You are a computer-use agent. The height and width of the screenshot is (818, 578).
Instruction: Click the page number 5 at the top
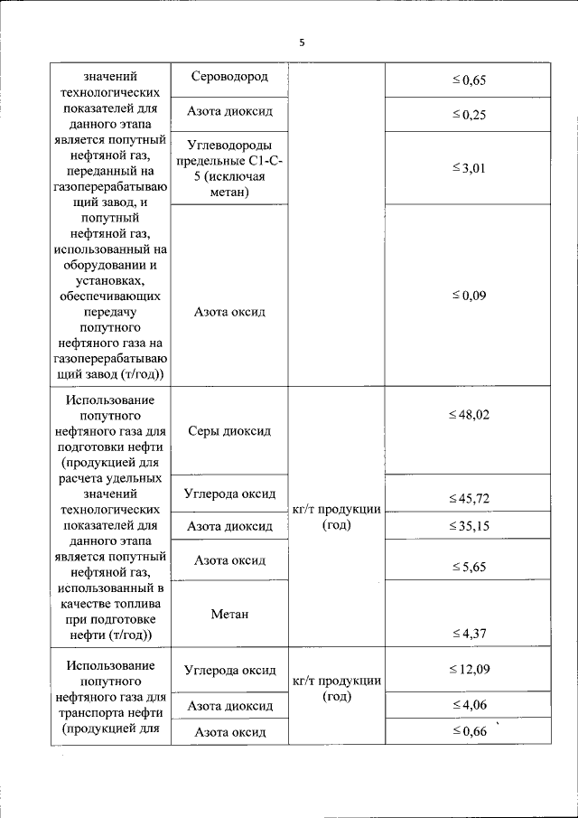click(303, 42)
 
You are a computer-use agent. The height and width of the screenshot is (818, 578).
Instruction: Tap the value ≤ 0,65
click(469, 81)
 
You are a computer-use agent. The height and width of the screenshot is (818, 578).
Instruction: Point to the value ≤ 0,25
click(469, 115)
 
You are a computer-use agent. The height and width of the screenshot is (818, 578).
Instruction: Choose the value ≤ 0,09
click(469, 295)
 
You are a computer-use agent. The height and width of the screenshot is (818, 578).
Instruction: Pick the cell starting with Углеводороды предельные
click(229, 168)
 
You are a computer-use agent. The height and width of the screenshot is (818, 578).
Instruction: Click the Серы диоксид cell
click(229, 431)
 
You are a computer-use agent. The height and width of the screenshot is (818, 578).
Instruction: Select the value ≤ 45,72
click(469, 499)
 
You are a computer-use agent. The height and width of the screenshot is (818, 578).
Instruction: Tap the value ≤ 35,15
click(469, 525)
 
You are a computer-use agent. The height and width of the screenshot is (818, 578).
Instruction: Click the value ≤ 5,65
click(469, 567)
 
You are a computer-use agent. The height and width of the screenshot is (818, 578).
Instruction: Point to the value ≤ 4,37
click(469, 634)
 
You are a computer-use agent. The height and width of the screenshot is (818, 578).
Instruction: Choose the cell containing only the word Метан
click(229, 614)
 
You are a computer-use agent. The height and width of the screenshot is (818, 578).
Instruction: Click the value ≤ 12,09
click(469, 669)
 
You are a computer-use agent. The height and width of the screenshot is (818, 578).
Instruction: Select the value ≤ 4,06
click(469, 705)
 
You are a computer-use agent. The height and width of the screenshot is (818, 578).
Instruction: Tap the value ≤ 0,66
click(469, 731)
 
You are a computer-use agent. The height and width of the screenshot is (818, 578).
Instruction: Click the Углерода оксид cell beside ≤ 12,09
click(229, 670)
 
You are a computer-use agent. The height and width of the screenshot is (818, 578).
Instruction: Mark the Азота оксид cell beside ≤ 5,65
click(229, 560)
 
